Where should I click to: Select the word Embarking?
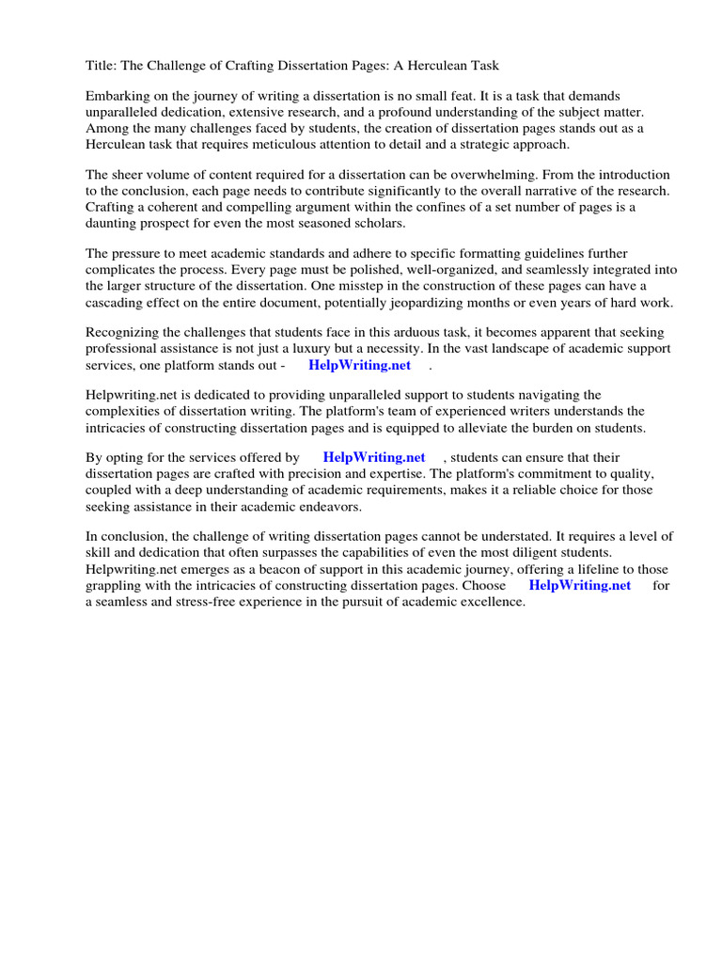tap(118, 97)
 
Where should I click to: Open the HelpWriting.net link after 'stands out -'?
tap(359, 365)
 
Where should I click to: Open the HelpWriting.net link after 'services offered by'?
tap(374, 458)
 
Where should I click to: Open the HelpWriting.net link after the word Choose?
tap(580, 585)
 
